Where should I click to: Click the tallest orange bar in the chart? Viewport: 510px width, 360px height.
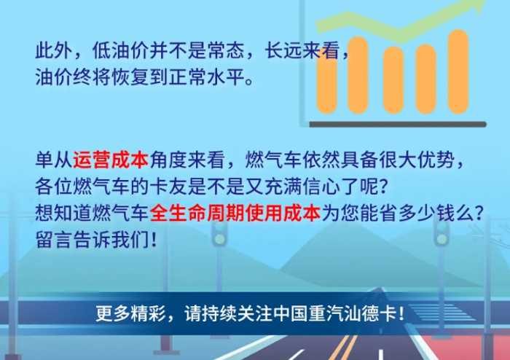458,71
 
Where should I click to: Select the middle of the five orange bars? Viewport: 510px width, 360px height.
393,80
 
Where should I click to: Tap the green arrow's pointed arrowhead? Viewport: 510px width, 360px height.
478,5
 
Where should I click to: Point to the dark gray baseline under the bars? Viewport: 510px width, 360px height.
398,124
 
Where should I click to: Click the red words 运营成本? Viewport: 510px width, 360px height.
111,160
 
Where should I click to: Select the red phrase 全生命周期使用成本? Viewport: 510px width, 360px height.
235,214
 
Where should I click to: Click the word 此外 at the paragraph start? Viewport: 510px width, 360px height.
54,50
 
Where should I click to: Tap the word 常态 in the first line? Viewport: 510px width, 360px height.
226,50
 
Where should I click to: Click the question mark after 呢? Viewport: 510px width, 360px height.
384,187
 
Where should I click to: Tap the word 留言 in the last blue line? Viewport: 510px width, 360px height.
54,240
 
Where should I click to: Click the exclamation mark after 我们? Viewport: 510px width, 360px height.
154,240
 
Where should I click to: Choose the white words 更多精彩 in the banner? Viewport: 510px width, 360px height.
130,314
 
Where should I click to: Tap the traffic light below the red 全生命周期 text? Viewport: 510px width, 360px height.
220,233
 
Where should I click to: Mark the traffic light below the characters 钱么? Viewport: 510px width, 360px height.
442,233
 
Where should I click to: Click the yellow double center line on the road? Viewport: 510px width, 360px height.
343,348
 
